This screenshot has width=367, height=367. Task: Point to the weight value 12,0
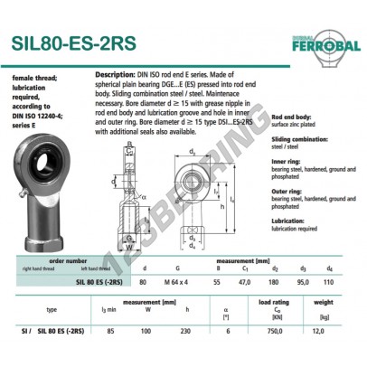(x=341, y=355)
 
